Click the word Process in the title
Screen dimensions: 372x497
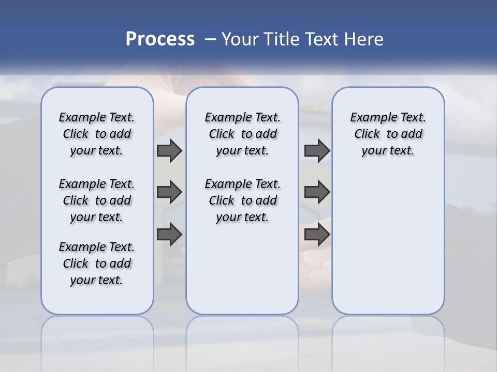point(160,39)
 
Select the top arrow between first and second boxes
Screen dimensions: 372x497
point(169,150)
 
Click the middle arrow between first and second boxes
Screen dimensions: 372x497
point(169,192)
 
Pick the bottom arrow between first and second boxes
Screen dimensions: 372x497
point(169,235)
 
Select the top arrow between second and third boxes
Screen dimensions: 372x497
point(317,150)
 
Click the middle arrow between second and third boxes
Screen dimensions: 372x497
point(317,192)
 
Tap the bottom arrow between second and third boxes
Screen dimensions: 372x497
point(317,235)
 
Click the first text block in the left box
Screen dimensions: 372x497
point(97,134)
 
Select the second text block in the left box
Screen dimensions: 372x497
point(97,200)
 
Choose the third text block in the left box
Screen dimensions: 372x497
point(97,263)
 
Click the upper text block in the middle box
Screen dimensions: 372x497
point(242,134)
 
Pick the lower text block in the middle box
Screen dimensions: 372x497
point(242,200)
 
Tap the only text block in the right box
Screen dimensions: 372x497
point(388,134)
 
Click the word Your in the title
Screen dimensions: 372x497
point(240,39)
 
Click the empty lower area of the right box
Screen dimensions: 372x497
point(388,248)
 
